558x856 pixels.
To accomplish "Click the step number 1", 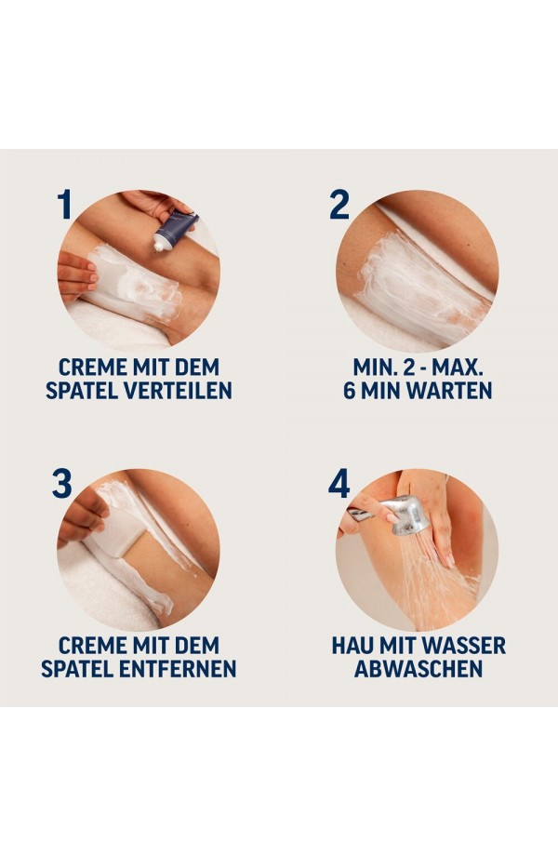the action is (x=65, y=204).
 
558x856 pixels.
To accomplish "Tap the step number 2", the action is (x=339, y=204).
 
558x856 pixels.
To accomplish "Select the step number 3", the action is (x=61, y=483).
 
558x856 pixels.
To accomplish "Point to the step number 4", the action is (x=339, y=483).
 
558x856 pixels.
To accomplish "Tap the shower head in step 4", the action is (x=405, y=515).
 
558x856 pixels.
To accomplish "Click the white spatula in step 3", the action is (x=118, y=532).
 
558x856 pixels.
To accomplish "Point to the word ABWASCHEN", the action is (x=418, y=669).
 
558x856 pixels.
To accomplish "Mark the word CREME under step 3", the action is (x=90, y=646).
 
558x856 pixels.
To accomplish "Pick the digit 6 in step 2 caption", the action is (x=349, y=391).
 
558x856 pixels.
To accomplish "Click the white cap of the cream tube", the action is (x=160, y=246).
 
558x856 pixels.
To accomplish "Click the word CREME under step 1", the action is (x=90, y=367).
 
